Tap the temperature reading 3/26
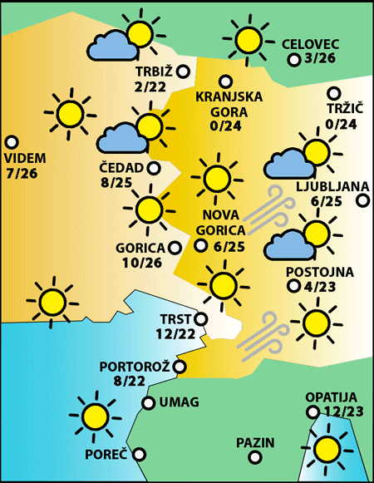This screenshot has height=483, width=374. click(x=320, y=59)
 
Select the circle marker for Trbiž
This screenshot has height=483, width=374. click(x=182, y=71)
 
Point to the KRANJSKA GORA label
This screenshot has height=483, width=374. click(x=229, y=104)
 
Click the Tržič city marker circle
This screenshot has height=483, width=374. click(x=334, y=94)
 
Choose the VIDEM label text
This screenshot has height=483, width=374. click(x=26, y=158)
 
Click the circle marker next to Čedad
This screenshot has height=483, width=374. click(x=155, y=168)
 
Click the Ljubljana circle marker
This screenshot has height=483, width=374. click(x=363, y=200)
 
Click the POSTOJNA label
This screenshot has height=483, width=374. click(x=319, y=272)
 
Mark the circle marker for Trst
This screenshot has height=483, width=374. click(x=200, y=318)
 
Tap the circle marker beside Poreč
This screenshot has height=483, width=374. click(x=140, y=454)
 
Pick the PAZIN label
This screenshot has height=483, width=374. click(x=254, y=443)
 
